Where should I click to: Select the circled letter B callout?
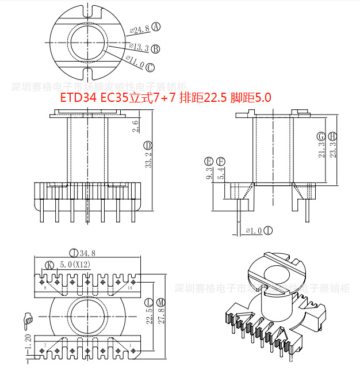(155, 49)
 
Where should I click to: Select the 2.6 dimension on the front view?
(136, 126)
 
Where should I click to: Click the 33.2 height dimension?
(148, 159)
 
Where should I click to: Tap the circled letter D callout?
(148, 144)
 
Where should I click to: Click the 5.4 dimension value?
(220, 173)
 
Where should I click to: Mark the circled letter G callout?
(321, 136)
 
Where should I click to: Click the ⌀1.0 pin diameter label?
(254, 231)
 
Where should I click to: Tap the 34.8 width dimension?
(87, 253)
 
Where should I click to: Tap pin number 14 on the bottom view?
(130, 287)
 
